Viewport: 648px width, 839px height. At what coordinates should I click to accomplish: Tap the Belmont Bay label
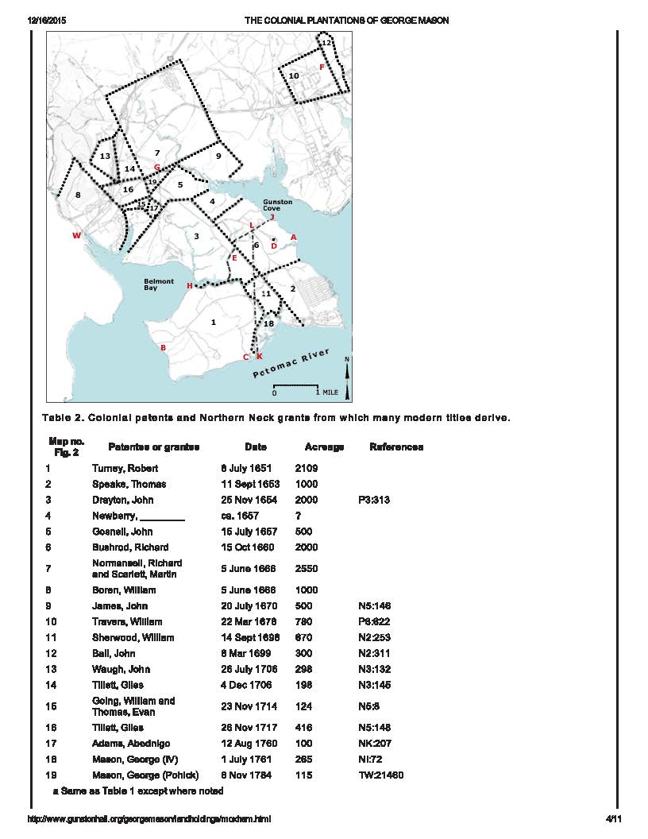click(x=159, y=284)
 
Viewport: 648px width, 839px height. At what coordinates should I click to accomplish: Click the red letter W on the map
click(x=76, y=235)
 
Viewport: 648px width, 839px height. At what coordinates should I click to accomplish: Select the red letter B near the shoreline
click(x=164, y=347)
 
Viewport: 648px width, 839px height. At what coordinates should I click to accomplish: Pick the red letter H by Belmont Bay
click(x=189, y=286)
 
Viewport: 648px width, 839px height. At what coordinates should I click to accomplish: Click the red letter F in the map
click(x=322, y=68)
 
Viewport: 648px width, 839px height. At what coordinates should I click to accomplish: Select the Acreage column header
click(x=324, y=447)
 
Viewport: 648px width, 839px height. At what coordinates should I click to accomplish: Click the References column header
click(x=396, y=447)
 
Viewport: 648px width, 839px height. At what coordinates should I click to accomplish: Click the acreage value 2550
click(x=307, y=569)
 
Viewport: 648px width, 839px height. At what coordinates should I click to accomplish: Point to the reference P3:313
click(x=376, y=500)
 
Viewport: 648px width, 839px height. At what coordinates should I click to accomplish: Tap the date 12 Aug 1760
click(x=247, y=744)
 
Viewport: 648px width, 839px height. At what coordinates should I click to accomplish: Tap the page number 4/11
click(x=611, y=819)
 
